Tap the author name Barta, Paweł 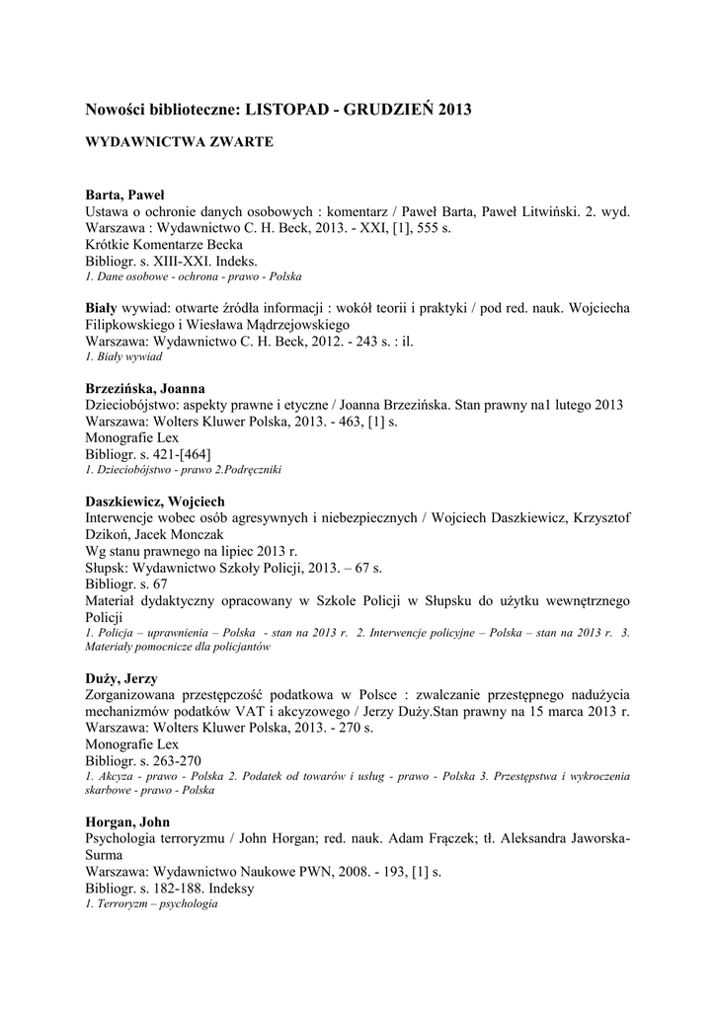pos(124,195)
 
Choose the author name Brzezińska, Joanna pos(152,388)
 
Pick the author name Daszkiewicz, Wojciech pos(156,502)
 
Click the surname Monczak pos(225,535)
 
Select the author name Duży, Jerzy pos(121,679)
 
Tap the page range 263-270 pos(174,760)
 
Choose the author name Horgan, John pos(127,822)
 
